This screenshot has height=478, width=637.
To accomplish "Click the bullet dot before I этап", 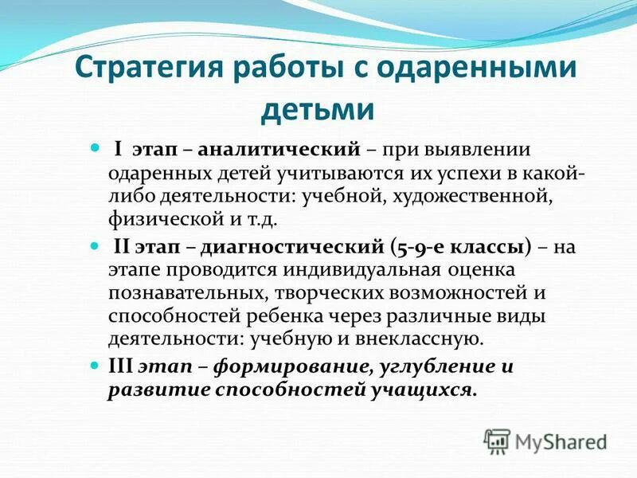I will point(95,149).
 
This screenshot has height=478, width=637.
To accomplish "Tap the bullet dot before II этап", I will point(95,245).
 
